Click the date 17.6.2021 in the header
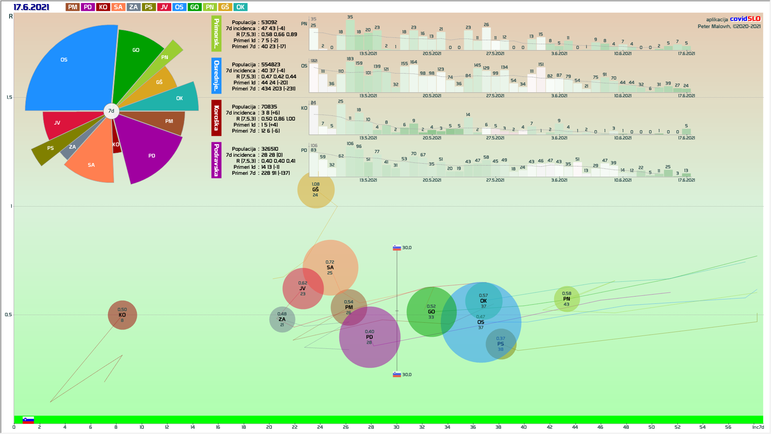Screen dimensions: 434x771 [31, 7]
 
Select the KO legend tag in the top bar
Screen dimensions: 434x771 [103, 7]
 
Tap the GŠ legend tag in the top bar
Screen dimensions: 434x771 [225, 7]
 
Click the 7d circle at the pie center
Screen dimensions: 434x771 [111, 111]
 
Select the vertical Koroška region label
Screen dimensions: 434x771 [216, 118]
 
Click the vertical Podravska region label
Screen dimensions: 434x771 [216, 160]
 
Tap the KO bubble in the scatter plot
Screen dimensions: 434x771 [122, 315]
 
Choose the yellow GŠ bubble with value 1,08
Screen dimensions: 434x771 [316, 190]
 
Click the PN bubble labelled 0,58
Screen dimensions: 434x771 [567, 299]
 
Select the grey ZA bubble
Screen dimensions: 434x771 [282, 319]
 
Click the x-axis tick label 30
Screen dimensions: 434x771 [396, 427]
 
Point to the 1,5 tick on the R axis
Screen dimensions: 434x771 [9, 97]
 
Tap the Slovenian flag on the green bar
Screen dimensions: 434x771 [28, 420]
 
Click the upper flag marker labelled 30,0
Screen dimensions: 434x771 [397, 248]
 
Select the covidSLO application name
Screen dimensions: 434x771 [745, 19]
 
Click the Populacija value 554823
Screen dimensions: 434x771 [271, 65]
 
